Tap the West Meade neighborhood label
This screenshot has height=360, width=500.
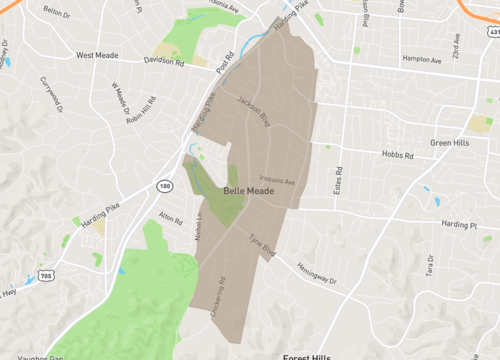tap(99, 56)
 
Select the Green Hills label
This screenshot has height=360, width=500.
tap(451, 143)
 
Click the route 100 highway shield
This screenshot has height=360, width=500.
tap(162, 187)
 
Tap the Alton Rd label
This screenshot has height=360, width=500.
tap(171, 218)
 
